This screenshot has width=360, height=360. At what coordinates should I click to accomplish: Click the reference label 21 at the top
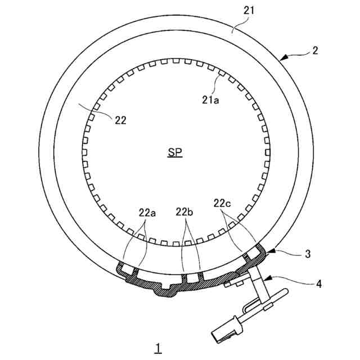click(x=249, y=11)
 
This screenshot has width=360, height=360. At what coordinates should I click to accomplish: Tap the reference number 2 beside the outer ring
click(x=315, y=50)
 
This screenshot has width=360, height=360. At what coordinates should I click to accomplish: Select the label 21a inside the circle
click(x=210, y=100)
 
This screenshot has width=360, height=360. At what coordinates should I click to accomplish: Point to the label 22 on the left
click(x=120, y=120)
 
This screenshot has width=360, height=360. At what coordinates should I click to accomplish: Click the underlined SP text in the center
click(x=175, y=152)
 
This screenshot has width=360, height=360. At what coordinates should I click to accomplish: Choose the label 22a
click(x=147, y=213)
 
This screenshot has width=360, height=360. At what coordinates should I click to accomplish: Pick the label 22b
click(x=184, y=212)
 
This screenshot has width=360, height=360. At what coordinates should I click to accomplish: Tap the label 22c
click(x=222, y=203)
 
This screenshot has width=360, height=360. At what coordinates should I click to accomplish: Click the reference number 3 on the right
click(x=308, y=254)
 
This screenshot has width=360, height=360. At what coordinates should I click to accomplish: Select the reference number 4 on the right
click(x=319, y=284)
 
